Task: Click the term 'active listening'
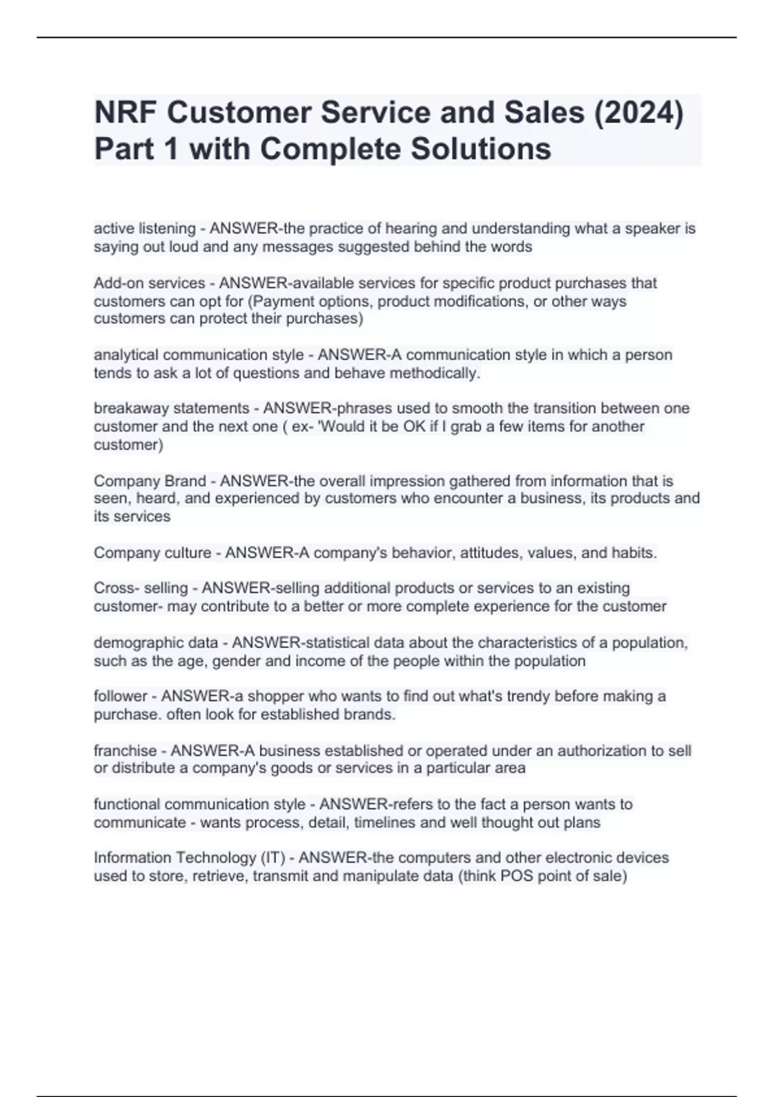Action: tap(144, 228)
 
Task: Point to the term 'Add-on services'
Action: tap(149, 283)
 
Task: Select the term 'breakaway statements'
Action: tap(171, 408)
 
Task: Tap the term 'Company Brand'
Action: tap(150, 481)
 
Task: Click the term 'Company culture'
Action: tap(152, 553)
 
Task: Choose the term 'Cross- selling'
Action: tap(141, 589)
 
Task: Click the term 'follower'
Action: tap(120, 696)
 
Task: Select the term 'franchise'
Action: tap(125, 751)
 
